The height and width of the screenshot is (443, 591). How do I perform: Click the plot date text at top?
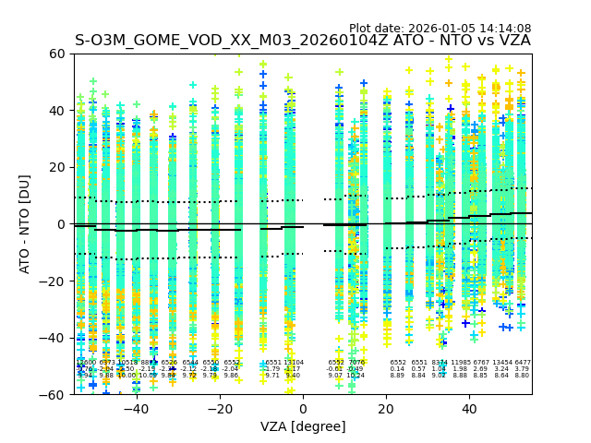pyautogui.click(x=440, y=29)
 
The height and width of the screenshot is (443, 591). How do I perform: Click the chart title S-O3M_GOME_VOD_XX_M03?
pyautogui.click(x=302, y=41)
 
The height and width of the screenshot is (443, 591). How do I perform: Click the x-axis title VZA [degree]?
pyautogui.click(x=303, y=426)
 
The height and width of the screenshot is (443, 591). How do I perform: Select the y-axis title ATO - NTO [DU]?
pyautogui.click(x=26, y=224)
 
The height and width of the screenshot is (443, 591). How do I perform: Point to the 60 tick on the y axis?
pyautogui.click(x=57, y=54)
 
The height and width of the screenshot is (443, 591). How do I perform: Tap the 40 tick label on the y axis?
pyautogui.click(x=57, y=111)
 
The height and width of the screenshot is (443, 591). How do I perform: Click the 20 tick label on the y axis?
pyautogui.click(x=57, y=167)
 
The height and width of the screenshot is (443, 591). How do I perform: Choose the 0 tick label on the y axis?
pyautogui.click(x=61, y=224)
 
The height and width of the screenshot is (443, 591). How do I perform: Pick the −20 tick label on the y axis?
pyautogui.click(x=54, y=281)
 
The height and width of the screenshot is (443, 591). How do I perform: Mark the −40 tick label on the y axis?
pyautogui.click(x=54, y=338)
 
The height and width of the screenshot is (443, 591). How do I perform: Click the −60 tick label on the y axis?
pyautogui.click(x=54, y=395)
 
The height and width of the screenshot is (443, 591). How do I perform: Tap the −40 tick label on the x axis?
pyautogui.click(x=136, y=409)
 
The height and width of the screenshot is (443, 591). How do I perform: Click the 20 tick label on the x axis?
pyautogui.click(x=386, y=409)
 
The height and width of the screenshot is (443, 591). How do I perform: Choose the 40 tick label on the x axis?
pyautogui.click(x=469, y=409)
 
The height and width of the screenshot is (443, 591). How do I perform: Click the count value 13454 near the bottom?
pyautogui.click(x=501, y=363)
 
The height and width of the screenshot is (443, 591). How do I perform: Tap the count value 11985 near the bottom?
pyautogui.click(x=460, y=363)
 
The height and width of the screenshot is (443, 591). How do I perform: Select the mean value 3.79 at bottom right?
pyautogui.click(x=522, y=369)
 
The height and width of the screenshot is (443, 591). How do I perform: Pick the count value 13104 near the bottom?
pyautogui.click(x=294, y=363)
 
